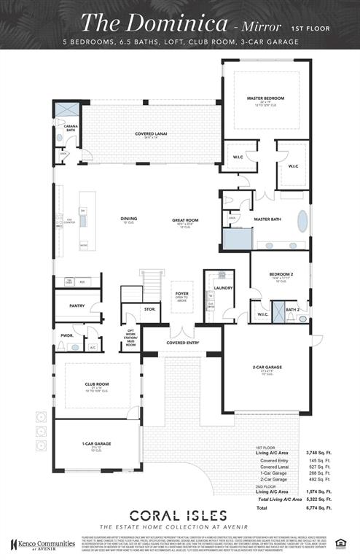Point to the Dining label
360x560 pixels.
click(128, 219)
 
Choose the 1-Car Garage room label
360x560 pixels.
click(96, 443)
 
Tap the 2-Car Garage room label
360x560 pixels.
click(262, 368)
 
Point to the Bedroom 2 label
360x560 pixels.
click(276, 274)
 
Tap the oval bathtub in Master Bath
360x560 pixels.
click(302, 221)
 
